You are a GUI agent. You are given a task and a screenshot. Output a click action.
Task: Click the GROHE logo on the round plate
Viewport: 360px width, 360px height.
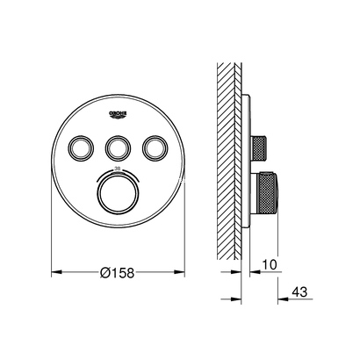coord(119,114)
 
